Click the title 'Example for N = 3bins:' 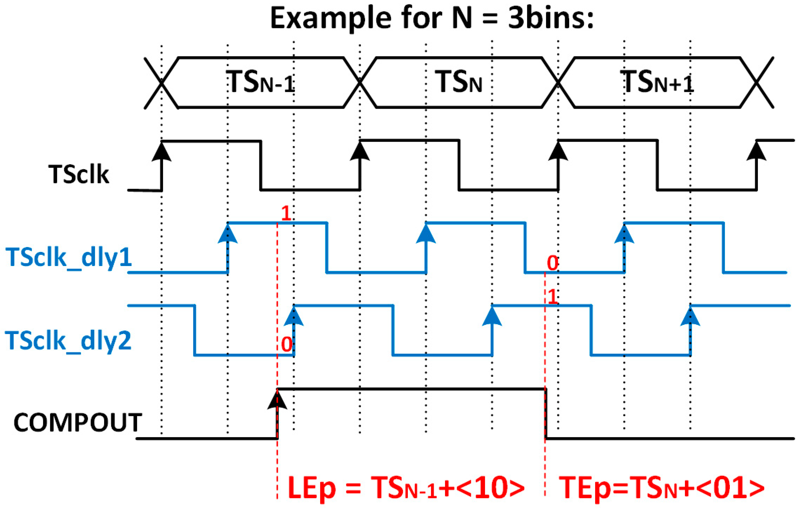click(x=431, y=18)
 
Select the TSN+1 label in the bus click(x=657, y=82)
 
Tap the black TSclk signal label click(x=79, y=174)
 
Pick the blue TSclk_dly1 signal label click(x=68, y=258)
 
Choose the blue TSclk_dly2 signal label click(x=68, y=340)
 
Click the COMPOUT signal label click(x=78, y=422)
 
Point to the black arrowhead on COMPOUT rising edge click(x=277, y=401)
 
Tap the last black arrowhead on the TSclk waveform click(x=756, y=152)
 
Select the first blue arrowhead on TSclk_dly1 click(x=228, y=234)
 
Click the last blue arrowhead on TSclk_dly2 click(x=690, y=317)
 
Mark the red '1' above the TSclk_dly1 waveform click(x=286, y=213)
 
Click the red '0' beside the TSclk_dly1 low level click(x=553, y=263)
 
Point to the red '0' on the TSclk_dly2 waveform click(x=287, y=344)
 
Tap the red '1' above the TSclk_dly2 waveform click(x=553, y=297)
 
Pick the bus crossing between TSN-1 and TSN click(x=360, y=83)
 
